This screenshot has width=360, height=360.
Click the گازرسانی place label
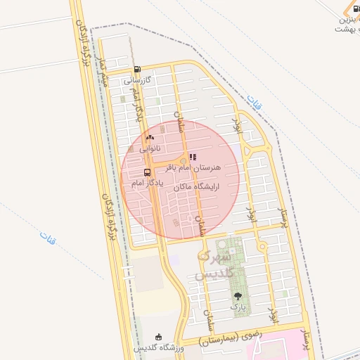point(138,81)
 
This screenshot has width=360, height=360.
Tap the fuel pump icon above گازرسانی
point(136,70)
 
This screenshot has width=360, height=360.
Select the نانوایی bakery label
point(149,149)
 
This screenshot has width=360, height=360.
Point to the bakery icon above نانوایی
point(150,137)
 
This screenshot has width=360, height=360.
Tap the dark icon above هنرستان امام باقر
point(193,157)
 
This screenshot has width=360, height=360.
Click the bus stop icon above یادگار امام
point(147,172)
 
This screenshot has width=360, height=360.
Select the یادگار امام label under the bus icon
point(146,183)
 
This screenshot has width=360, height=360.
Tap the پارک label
point(237,307)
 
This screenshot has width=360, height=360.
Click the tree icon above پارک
point(237,296)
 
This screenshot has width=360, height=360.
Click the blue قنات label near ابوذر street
point(256,104)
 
